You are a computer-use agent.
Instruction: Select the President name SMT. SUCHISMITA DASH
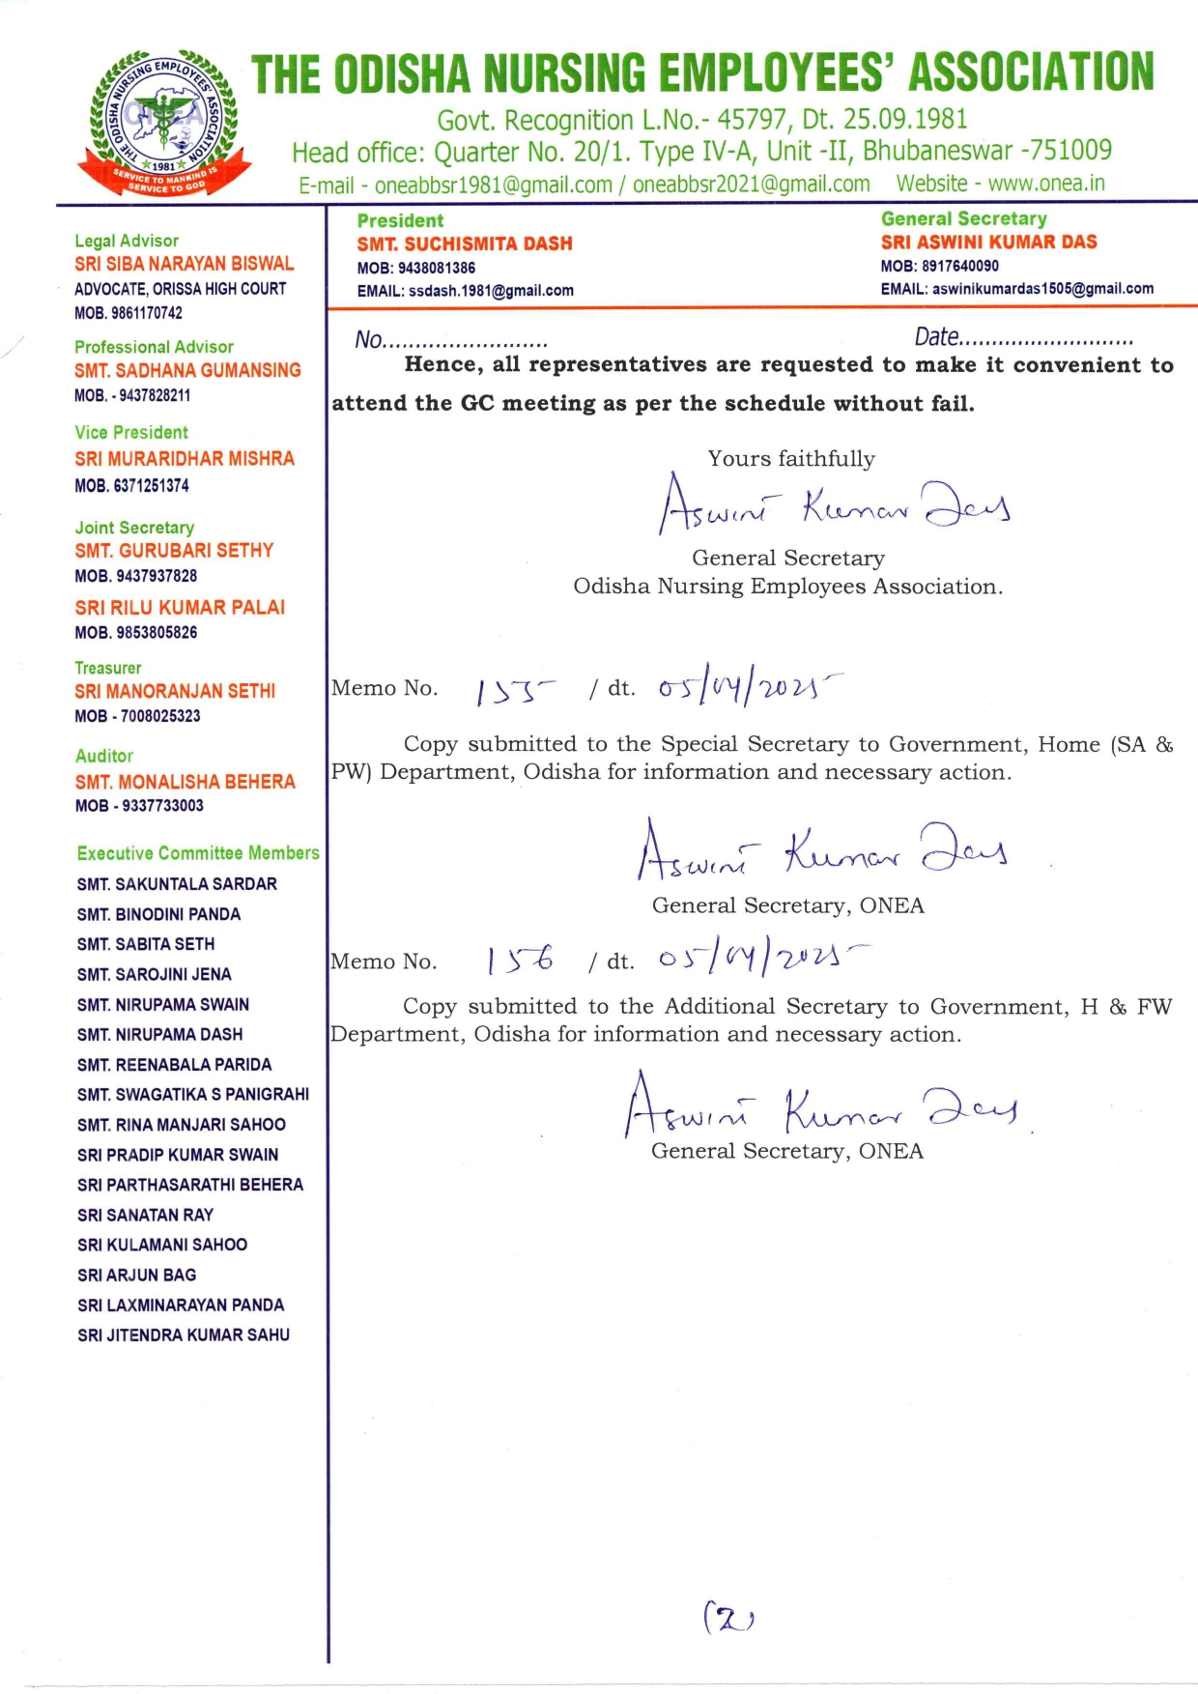tap(465, 244)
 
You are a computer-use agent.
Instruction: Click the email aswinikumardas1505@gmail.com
tap(1042, 289)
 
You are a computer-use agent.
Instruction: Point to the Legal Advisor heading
tap(127, 241)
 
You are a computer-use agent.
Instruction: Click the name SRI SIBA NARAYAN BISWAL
tap(185, 264)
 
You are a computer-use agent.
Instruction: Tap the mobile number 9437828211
tap(155, 395)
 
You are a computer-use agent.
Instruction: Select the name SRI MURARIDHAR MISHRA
tap(185, 459)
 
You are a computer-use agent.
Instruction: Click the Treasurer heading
tap(108, 668)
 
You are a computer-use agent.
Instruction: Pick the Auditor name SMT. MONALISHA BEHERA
tap(185, 782)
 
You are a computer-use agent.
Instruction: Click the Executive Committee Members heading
tap(198, 853)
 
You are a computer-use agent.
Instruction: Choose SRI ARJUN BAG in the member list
tap(136, 1275)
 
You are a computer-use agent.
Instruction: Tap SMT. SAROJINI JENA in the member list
tap(155, 974)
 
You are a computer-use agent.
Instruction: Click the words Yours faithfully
tap(791, 459)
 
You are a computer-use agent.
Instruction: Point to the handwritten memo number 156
tap(520, 960)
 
